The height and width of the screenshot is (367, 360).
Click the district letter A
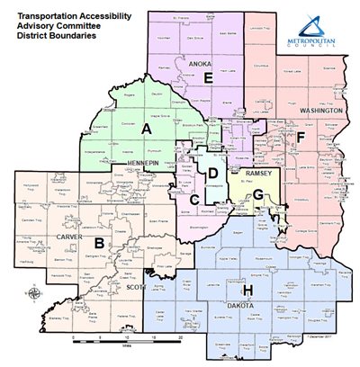coord(146,130)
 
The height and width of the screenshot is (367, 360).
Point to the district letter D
coord(213,173)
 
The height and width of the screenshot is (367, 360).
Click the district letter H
coord(247,291)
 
